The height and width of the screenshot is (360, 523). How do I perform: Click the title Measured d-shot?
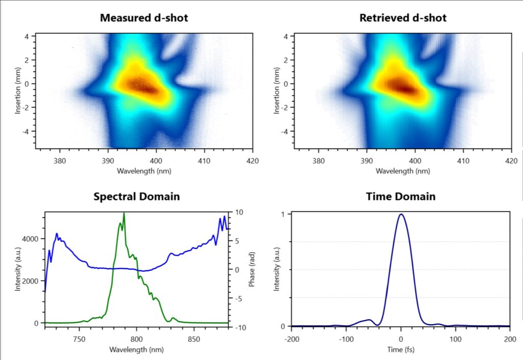(x=144, y=18)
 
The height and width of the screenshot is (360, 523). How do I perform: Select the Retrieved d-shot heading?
(x=403, y=18)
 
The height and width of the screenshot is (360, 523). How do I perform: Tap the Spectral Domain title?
(x=136, y=196)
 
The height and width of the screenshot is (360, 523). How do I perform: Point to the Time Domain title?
(x=401, y=196)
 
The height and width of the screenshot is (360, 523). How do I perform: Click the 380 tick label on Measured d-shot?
(x=60, y=161)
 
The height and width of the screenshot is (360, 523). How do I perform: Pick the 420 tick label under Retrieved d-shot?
(x=511, y=161)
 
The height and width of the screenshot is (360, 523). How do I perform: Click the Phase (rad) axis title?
(x=252, y=269)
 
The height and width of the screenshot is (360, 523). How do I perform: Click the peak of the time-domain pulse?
(x=401, y=214)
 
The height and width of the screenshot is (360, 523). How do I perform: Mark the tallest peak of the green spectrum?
(x=124, y=213)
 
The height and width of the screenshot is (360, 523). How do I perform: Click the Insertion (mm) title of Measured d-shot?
(x=18, y=91)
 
